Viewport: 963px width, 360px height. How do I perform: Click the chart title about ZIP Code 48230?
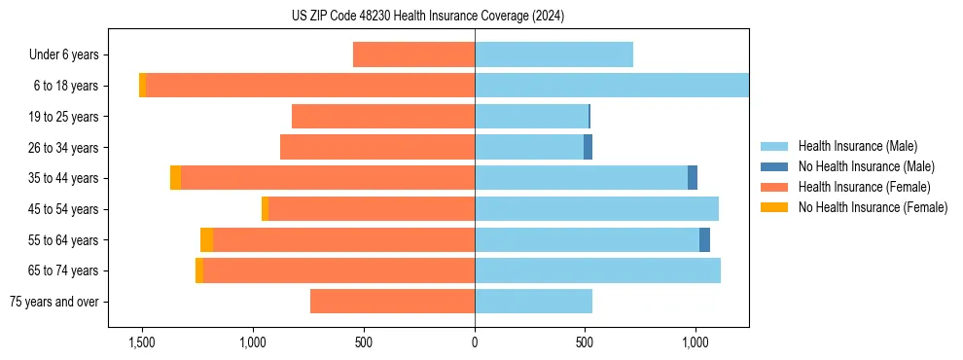pos(427,17)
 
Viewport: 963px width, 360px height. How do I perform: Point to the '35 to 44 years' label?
pos(64,178)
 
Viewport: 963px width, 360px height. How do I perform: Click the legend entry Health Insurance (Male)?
pos(857,146)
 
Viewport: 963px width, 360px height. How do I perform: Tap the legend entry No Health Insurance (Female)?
pos(873,207)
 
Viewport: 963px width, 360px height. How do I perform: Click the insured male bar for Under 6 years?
pos(553,54)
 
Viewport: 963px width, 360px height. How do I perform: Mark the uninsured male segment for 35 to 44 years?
pos(693,178)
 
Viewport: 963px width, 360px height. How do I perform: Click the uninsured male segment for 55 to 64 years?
pos(704,239)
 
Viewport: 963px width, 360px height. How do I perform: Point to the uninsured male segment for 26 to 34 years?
pos(588,147)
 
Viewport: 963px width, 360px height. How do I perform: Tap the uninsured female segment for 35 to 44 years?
pos(175,178)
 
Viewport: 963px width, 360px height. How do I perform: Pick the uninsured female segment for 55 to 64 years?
pos(206,239)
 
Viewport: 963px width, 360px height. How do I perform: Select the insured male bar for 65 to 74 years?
pos(597,270)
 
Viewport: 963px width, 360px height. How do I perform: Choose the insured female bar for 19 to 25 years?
pos(383,117)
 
